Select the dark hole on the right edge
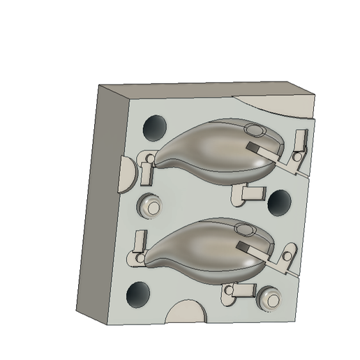tap(280, 202)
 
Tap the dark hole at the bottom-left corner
tap(138, 294)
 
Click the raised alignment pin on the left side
tap(149, 206)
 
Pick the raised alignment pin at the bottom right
tap(269, 299)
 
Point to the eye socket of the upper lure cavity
tap(255, 130)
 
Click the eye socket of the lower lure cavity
tap(244, 228)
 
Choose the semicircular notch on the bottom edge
tap(186, 314)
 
